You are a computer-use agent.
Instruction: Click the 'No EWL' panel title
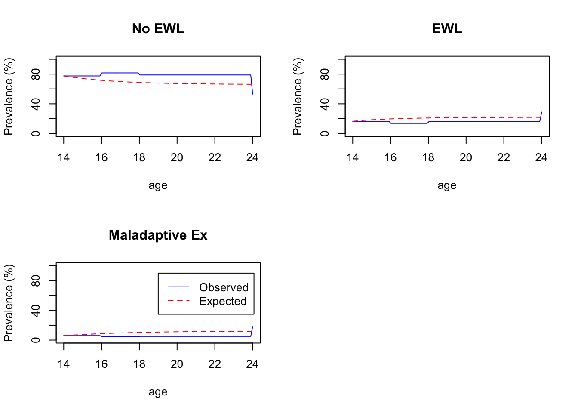coord(158,28)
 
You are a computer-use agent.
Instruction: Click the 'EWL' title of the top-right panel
coord(447,28)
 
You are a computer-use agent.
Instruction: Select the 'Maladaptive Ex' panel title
coord(158,235)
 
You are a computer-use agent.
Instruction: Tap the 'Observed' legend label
coord(224,287)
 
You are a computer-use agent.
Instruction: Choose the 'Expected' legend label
coord(223,301)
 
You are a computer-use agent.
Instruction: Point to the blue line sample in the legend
coord(178,287)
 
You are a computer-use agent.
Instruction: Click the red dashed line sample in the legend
coord(178,301)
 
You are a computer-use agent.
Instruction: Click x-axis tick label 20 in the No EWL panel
coord(177,158)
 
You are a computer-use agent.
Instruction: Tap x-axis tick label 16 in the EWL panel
coord(390,158)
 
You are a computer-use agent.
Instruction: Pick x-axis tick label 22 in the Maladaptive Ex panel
coord(215,364)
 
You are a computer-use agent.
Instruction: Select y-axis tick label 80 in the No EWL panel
coord(36,74)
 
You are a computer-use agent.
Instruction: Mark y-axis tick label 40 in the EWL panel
coord(325,104)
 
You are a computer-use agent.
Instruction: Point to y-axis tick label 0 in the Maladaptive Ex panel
coord(36,340)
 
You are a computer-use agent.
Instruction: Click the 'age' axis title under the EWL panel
coord(447,185)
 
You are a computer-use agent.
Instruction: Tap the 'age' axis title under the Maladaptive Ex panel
coord(158,392)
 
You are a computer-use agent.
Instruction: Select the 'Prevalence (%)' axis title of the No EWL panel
coord(9,96)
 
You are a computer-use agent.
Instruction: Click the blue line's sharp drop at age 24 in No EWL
coord(252,85)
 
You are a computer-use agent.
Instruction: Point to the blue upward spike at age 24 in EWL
coord(541,116)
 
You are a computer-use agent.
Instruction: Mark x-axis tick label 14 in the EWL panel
coord(353,158)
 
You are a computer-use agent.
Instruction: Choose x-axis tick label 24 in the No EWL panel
coord(252,158)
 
